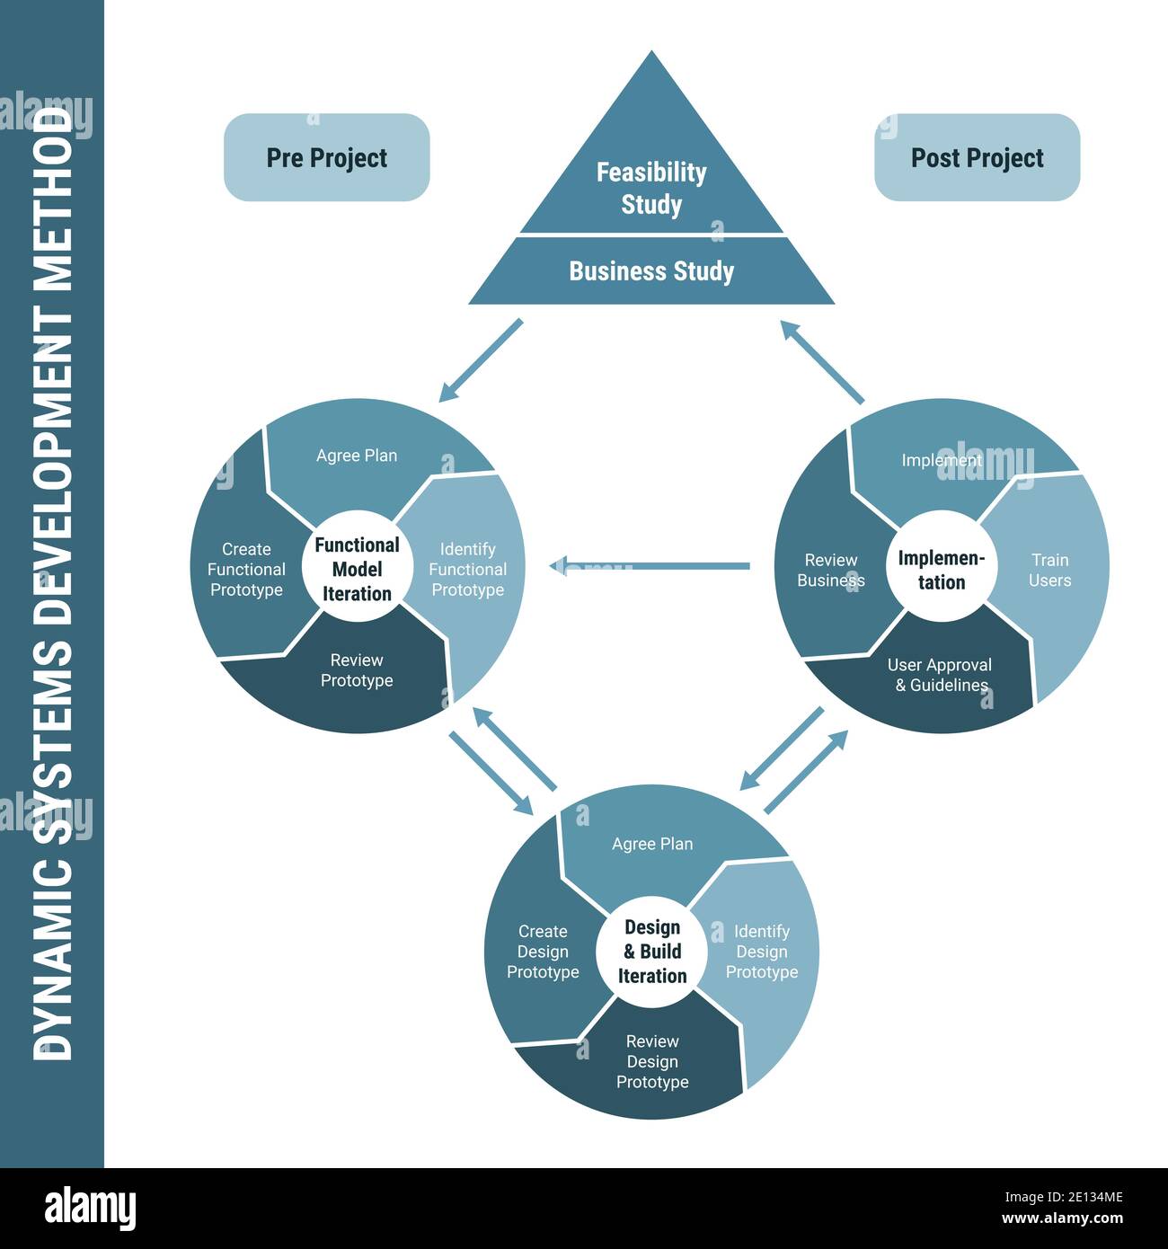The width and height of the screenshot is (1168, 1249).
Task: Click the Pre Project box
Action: [x=326, y=157]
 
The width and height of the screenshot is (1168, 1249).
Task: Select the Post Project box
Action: [x=977, y=157]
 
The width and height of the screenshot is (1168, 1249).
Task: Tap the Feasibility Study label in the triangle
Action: [x=651, y=188]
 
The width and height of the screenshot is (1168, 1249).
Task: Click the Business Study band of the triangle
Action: [x=651, y=270]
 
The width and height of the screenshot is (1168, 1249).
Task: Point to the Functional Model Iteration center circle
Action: [x=357, y=569]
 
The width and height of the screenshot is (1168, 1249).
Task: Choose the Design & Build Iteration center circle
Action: [x=652, y=952]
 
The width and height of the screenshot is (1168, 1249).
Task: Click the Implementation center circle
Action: [x=941, y=570]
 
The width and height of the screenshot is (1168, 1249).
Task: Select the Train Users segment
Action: [x=1049, y=571]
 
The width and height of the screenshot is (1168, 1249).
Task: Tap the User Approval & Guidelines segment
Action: [x=940, y=676]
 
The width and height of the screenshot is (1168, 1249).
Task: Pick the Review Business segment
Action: [x=830, y=571]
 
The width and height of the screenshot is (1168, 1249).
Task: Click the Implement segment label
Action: [x=941, y=460]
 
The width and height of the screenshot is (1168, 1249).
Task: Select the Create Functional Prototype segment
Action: [x=245, y=570]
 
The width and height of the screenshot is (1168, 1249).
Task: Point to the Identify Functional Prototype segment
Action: [x=467, y=570]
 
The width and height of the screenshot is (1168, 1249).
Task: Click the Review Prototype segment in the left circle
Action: [x=357, y=670]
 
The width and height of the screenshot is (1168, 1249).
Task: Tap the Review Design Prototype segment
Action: [x=652, y=1061]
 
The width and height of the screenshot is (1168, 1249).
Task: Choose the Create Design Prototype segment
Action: [x=543, y=952]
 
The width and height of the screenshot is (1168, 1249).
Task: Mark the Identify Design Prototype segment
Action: [x=762, y=952]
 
